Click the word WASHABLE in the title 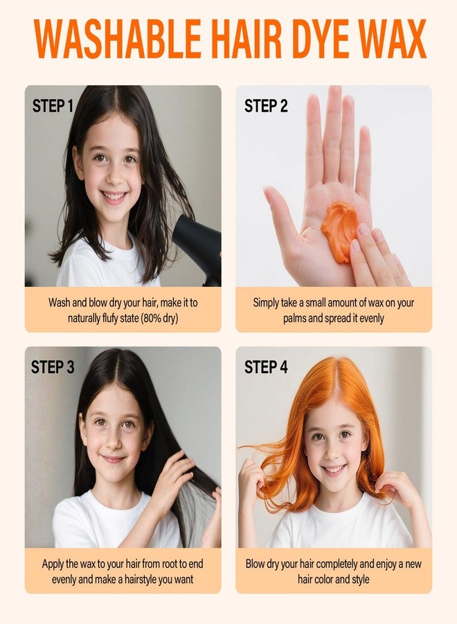[118, 39]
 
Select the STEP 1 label [53, 106]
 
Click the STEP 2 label [266, 106]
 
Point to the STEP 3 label [53, 367]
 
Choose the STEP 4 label [266, 367]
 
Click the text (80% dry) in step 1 [159, 318]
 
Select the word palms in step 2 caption [294, 319]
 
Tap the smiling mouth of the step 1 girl [114, 196]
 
